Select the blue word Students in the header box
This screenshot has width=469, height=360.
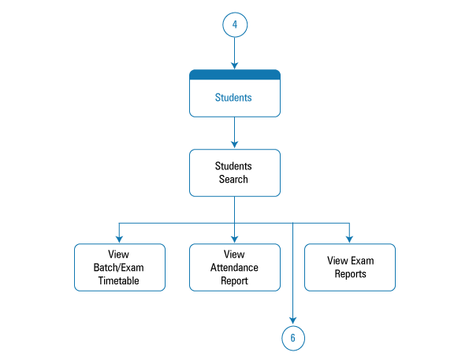(233, 98)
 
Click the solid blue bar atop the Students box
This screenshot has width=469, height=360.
(235, 75)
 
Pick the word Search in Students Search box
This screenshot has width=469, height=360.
(233, 179)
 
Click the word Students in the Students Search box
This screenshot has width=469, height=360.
(233, 166)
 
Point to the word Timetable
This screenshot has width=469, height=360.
(119, 280)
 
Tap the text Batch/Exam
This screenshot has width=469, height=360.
(119, 267)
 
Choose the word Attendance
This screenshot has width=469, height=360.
(234, 267)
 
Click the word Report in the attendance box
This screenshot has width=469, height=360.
(234, 280)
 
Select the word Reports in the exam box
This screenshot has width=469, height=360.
(350, 274)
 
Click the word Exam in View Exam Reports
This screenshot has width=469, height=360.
(362, 261)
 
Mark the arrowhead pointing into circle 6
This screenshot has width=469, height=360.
(293, 321)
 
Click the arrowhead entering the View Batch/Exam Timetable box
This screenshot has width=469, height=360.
(119, 239)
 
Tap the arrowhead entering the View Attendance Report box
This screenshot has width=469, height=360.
(235, 239)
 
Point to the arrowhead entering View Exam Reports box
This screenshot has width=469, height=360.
(349, 239)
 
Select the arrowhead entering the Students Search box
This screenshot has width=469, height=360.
(235, 144)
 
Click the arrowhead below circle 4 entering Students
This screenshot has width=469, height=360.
(235, 66)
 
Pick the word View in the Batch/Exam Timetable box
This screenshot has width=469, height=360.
(119, 254)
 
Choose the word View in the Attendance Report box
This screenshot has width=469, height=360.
(234, 254)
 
